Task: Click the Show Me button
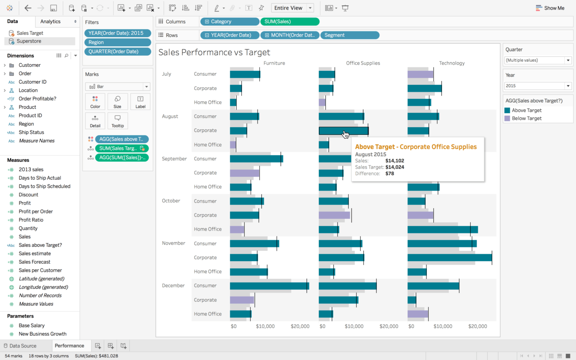click(x=550, y=8)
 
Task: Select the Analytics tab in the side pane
click(x=50, y=22)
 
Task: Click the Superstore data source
click(x=29, y=41)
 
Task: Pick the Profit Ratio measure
click(x=31, y=220)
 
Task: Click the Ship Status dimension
click(x=31, y=132)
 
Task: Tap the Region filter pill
click(x=117, y=42)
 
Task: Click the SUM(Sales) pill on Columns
click(x=289, y=22)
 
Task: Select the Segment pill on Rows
click(x=349, y=35)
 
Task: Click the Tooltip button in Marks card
click(x=118, y=121)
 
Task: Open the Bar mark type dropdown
click(x=117, y=86)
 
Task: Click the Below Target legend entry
click(x=526, y=118)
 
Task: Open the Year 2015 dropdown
click(x=537, y=86)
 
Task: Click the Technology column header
click(x=452, y=63)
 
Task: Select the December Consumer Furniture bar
click(x=269, y=286)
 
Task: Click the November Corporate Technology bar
click(x=449, y=257)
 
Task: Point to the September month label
click(x=174, y=158)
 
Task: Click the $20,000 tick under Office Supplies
click(x=389, y=326)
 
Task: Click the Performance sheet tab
click(x=69, y=346)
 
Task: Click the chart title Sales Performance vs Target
click(x=214, y=52)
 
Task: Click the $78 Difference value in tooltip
click(x=389, y=173)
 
